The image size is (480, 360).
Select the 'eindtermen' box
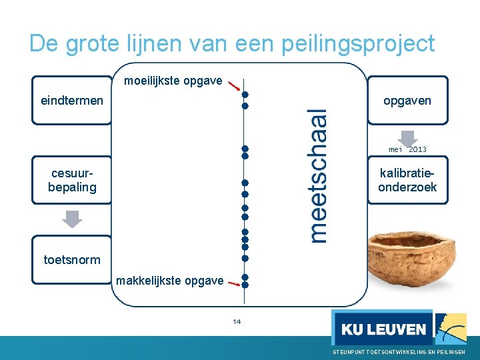[72, 101]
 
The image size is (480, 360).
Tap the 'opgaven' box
[407, 101]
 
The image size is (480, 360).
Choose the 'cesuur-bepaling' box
[72, 180]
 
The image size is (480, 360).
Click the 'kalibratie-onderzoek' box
[407, 180]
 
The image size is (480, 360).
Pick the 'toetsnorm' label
[72, 260]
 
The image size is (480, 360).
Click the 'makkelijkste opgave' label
[169, 281]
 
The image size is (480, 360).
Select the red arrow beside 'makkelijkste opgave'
[233, 283]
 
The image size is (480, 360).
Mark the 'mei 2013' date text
[408, 149]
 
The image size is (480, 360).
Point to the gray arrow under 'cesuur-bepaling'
[72, 219]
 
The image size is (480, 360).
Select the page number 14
[237, 322]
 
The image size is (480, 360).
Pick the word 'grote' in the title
[98, 43]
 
